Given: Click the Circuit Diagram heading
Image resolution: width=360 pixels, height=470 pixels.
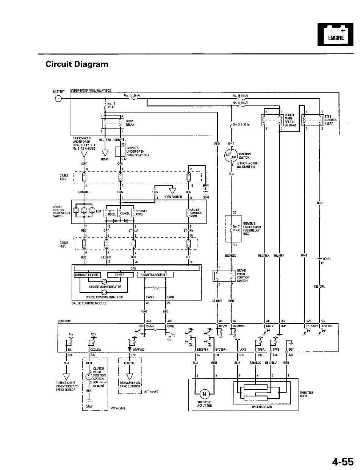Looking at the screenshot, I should click(77, 64).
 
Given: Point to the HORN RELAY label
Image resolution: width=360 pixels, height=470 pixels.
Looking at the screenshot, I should click(130, 123).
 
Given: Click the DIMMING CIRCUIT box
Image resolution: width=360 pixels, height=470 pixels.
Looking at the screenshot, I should click(88, 275).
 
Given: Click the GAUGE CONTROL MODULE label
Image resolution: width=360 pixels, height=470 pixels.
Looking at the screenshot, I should click(89, 303).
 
